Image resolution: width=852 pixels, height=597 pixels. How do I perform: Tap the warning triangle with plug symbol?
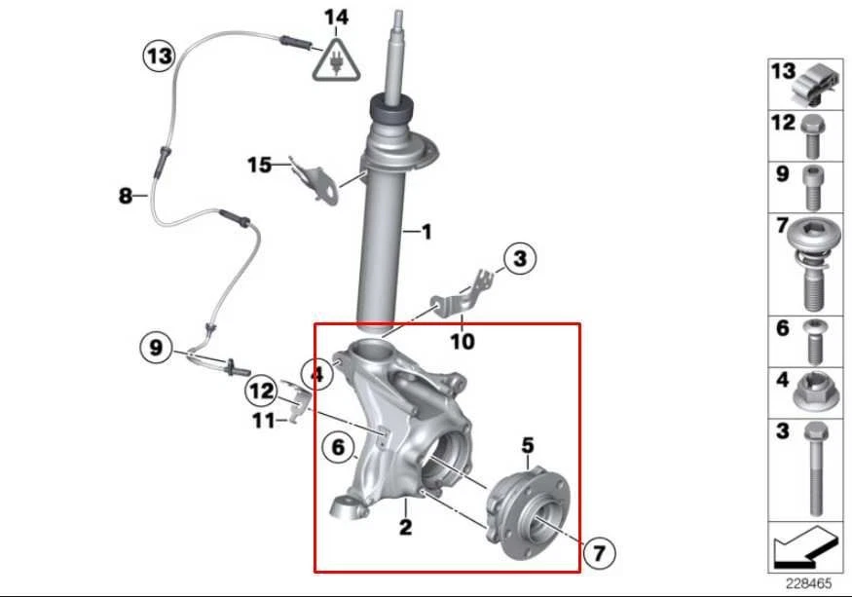click(x=334, y=59)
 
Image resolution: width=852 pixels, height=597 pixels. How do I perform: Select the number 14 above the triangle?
click(x=335, y=17)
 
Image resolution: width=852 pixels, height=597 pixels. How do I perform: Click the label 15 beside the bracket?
click(x=259, y=166)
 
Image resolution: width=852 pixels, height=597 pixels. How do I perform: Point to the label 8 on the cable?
click(x=126, y=196)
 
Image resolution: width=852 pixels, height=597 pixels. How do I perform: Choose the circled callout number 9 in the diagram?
click(x=157, y=346)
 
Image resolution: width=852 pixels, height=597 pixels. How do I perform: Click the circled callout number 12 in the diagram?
click(x=261, y=392)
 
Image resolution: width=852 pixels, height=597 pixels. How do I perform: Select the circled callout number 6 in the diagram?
click(x=338, y=447)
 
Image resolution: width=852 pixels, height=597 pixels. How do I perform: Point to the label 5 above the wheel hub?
click(x=527, y=445)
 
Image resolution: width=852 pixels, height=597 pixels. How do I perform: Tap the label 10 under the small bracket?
click(x=463, y=342)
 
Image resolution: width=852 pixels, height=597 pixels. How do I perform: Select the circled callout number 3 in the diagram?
click(x=519, y=258)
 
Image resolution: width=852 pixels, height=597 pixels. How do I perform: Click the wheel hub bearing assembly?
click(x=523, y=507)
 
